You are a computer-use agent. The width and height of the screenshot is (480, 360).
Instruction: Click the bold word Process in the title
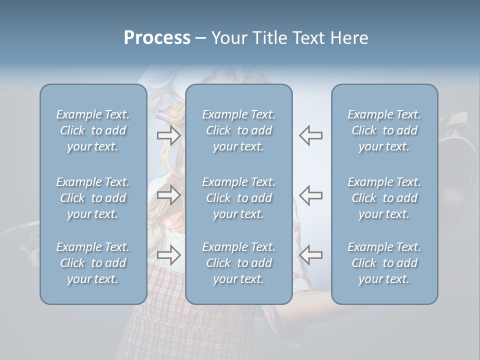(x=157, y=38)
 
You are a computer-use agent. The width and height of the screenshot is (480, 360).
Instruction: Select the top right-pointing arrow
(x=168, y=135)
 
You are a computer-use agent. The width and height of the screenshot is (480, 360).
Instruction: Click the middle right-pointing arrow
(x=168, y=195)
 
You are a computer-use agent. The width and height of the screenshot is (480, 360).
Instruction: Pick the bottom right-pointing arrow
(x=168, y=254)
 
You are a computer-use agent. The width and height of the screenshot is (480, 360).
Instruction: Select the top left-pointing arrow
(x=310, y=135)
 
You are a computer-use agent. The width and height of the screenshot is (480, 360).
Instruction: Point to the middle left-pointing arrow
(x=310, y=195)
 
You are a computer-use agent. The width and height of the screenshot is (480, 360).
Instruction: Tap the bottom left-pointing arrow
(x=310, y=254)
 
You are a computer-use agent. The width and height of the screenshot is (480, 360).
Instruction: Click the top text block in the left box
(x=93, y=130)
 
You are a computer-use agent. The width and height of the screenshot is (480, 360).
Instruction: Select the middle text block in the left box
(x=93, y=198)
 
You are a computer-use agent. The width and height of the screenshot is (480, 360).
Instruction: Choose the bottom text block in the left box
(x=93, y=263)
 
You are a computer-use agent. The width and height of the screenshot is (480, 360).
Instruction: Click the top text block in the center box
(x=239, y=130)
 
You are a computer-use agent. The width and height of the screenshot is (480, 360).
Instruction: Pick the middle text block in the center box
(x=239, y=198)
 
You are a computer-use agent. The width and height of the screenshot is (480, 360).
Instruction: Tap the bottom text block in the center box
(x=239, y=263)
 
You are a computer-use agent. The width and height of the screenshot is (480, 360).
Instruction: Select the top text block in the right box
(x=384, y=130)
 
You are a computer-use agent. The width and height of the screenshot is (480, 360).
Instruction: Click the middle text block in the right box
(x=384, y=198)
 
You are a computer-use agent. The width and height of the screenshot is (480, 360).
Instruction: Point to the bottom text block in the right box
(x=384, y=263)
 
